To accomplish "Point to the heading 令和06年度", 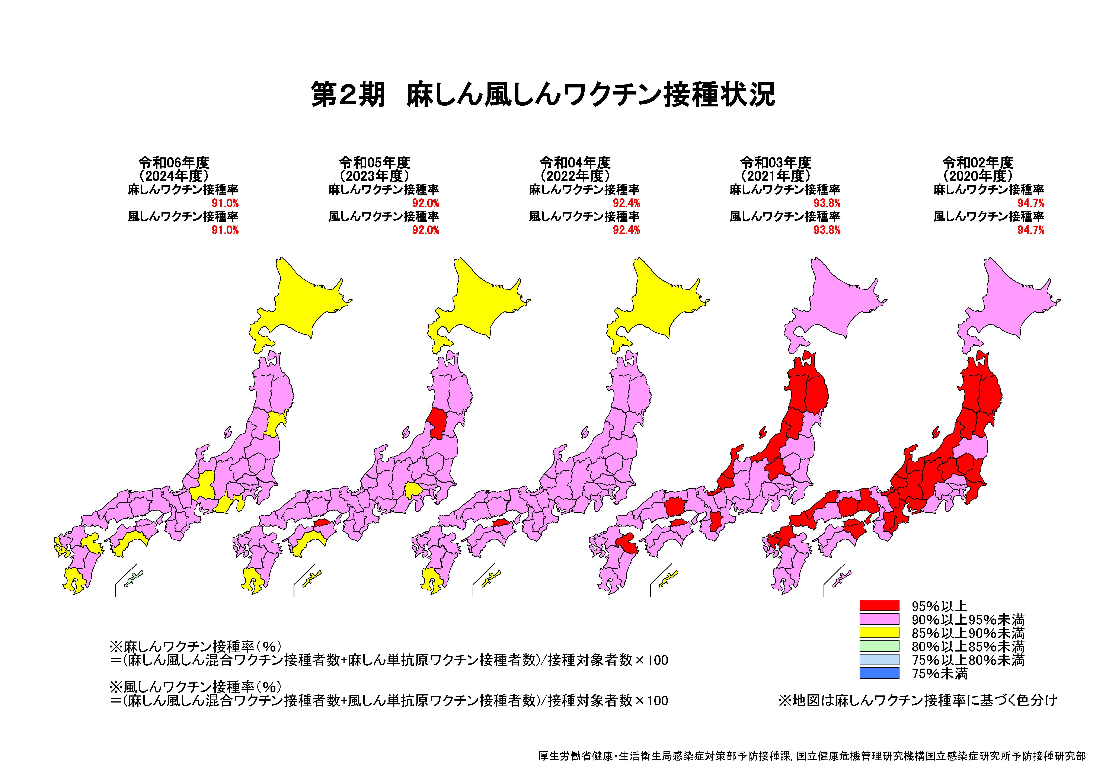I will click(x=174, y=162).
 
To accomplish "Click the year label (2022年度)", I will click(x=575, y=175).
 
